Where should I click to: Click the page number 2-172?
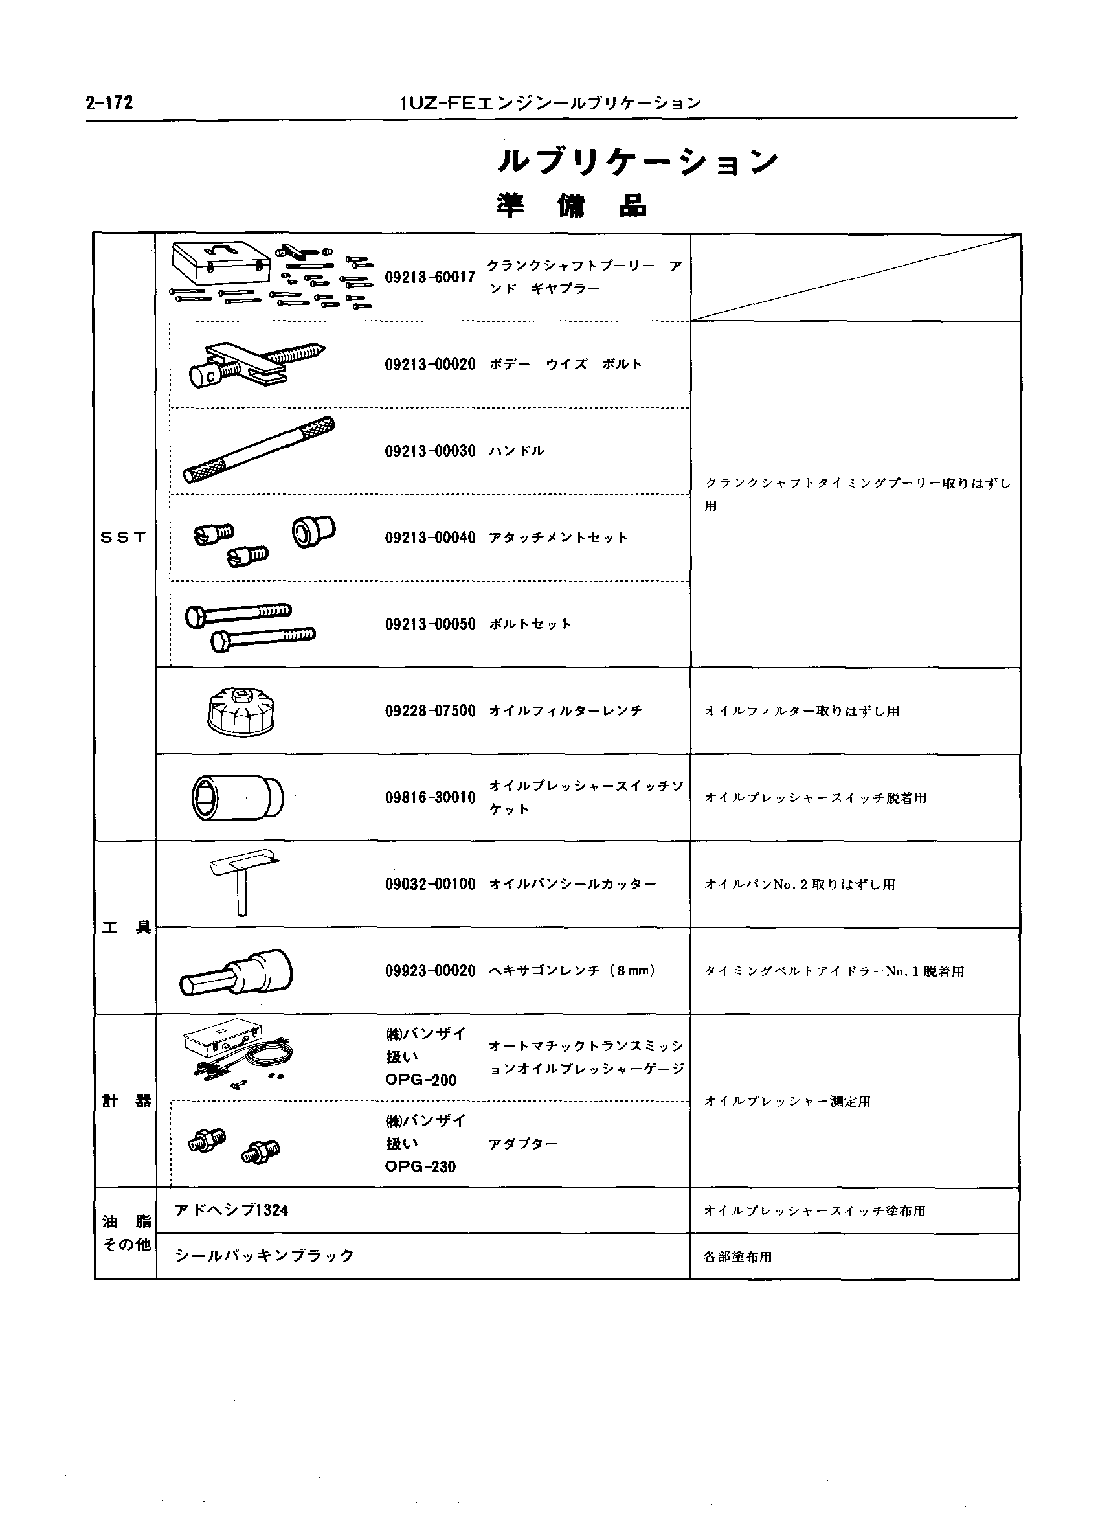coord(109,102)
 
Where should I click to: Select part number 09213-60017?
coord(429,277)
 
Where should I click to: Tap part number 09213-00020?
coord(429,365)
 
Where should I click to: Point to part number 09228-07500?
coord(429,711)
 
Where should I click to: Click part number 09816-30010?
coord(429,797)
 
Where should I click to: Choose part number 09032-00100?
coord(429,885)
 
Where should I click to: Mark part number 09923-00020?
coord(429,971)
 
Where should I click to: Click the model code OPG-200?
coord(420,1080)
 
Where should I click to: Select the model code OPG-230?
coord(420,1167)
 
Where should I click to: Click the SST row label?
coord(123,538)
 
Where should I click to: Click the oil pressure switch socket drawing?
coord(236,797)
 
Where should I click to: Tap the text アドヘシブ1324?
coord(231,1210)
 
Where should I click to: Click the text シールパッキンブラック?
coord(264,1256)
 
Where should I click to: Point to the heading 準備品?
coord(571,206)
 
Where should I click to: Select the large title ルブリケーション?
coord(637,161)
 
